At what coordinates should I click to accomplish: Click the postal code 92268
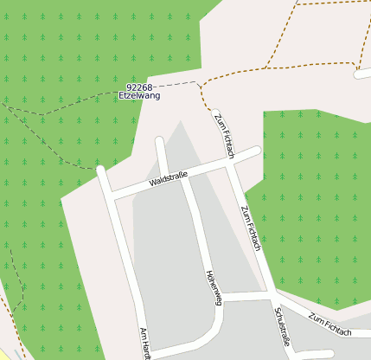click(x=139, y=87)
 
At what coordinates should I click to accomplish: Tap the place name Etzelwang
click(x=139, y=95)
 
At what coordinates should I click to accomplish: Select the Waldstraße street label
click(x=169, y=180)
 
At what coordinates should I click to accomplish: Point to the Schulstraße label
click(x=281, y=327)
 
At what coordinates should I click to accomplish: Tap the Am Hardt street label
click(x=145, y=344)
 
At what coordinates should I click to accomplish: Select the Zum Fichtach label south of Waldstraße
click(x=251, y=228)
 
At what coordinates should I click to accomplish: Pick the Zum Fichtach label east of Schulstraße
click(x=330, y=326)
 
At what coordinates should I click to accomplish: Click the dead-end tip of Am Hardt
click(x=101, y=169)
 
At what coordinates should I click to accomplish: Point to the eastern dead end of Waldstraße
click(x=257, y=151)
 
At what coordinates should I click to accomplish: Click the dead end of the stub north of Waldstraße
click(x=159, y=140)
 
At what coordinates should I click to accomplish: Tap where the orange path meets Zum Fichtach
click(x=212, y=109)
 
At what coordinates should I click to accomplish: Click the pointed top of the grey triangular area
click(x=181, y=120)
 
